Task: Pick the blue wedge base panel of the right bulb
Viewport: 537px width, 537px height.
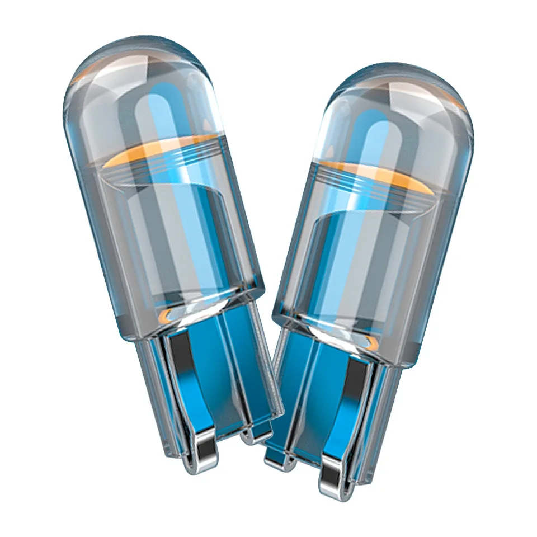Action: tap(313, 386)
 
